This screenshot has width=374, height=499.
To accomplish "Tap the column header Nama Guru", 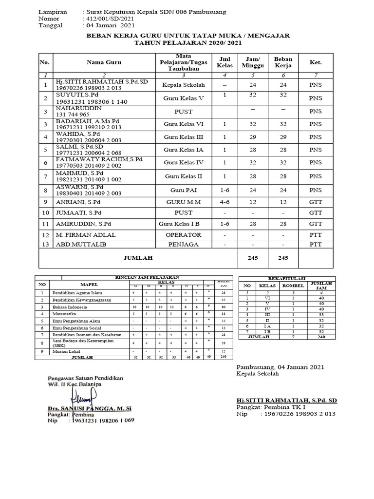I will tap(104, 62).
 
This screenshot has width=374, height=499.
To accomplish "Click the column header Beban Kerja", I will tap(283, 62).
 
